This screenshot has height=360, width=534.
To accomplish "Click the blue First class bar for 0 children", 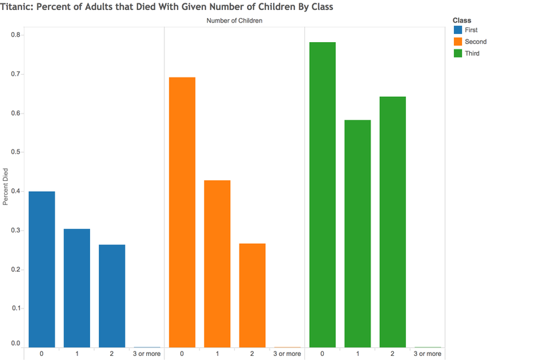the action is click(x=41, y=269).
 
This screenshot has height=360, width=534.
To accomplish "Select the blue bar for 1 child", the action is click(x=77, y=288).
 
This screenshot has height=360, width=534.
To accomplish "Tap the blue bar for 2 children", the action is click(x=112, y=296).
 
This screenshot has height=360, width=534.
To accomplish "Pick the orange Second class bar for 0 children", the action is click(x=182, y=212).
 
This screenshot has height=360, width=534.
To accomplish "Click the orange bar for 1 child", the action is click(x=218, y=264).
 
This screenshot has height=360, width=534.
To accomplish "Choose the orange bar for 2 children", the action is click(x=252, y=295).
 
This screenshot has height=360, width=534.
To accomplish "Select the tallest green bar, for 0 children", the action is click(x=322, y=194).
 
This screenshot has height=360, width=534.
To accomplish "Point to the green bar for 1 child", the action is click(x=358, y=234).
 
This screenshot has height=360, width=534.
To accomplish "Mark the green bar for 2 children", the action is click(x=392, y=222).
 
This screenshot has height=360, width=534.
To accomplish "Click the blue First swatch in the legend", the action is click(x=458, y=30).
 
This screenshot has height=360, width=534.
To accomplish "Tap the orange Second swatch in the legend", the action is click(x=458, y=41).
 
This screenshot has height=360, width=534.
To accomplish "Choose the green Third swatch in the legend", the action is click(x=458, y=53).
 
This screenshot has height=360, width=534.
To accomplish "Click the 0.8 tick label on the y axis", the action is click(x=15, y=35).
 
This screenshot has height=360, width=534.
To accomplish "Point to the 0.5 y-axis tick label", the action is click(x=15, y=152).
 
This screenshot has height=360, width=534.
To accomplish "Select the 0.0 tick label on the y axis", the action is click(x=15, y=343).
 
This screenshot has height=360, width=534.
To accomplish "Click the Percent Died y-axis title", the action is click(x=5, y=187).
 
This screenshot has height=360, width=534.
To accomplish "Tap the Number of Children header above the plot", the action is click(x=234, y=21).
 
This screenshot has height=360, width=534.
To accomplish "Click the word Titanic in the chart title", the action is click(x=16, y=7).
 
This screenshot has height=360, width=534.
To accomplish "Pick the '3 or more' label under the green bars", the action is click(x=427, y=354).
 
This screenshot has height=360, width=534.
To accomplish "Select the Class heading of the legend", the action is click(x=462, y=21).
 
